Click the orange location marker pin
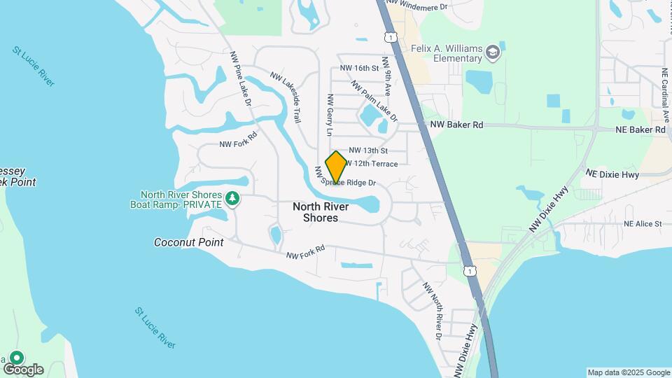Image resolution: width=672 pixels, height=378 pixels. (x=336, y=167)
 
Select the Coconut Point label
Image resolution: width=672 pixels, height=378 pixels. (x=189, y=242)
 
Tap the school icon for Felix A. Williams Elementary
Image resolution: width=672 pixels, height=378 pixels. (x=493, y=52)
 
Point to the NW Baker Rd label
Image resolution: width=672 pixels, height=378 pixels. (x=456, y=125)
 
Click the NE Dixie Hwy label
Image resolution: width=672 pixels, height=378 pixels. (x=612, y=173)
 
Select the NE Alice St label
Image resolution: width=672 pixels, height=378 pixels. (x=643, y=224)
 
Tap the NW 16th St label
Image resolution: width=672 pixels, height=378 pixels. (x=359, y=68)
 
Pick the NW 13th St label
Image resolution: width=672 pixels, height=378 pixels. (x=368, y=150)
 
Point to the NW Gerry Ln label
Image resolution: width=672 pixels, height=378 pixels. (x=328, y=115)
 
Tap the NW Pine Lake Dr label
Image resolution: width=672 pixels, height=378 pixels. (x=239, y=78)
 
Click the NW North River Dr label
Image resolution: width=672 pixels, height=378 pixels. (x=431, y=310)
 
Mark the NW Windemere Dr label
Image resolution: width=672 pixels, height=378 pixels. (x=416, y=6)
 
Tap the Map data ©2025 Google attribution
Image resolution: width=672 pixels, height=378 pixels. (x=629, y=372)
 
